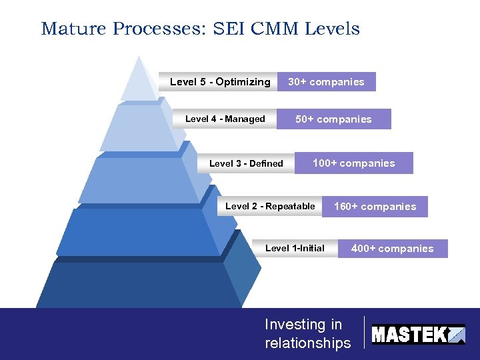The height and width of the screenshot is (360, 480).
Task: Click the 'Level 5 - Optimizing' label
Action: (x=219, y=82)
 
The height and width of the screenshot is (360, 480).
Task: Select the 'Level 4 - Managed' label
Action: (x=225, y=119)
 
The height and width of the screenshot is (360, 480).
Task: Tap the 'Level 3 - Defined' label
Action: (x=246, y=163)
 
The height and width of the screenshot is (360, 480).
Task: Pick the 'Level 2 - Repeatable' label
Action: (x=270, y=206)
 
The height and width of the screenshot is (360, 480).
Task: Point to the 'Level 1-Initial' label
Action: (x=295, y=248)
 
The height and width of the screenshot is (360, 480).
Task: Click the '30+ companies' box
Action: (x=326, y=82)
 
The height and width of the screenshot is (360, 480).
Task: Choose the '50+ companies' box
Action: (x=333, y=119)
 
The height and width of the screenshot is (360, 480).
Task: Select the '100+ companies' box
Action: (x=353, y=163)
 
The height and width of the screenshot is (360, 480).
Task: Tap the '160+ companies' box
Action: (x=375, y=207)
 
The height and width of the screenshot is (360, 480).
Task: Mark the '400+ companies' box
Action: (x=392, y=249)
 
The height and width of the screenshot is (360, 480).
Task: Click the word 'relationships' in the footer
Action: (x=307, y=343)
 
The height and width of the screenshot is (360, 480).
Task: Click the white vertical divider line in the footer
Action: (x=364, y=332)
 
